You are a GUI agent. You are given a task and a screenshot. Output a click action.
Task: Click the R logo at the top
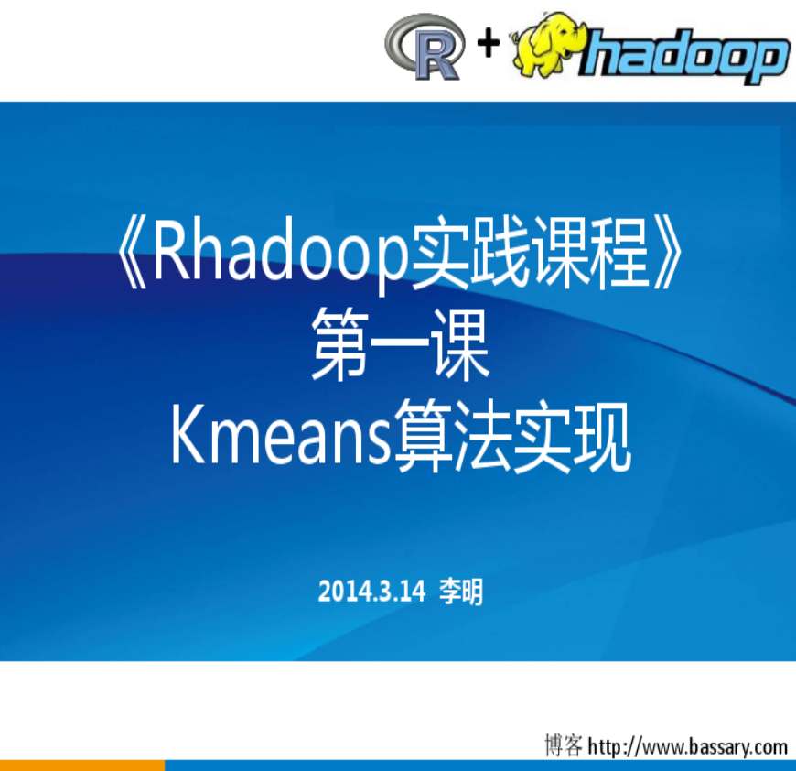tap(425, 48)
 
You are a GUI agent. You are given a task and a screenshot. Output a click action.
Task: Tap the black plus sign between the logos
tap(489, 42)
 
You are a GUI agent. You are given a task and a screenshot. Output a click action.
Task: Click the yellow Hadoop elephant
tap(549, 45)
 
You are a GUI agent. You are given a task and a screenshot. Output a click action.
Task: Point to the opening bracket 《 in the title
tap(133, 254)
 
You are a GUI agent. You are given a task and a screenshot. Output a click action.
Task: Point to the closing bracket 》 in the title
tap(666, 254)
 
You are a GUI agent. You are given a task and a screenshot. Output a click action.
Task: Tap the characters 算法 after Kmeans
tap(452, 437)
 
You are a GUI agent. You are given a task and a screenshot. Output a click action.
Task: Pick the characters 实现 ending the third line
tap(572, 437)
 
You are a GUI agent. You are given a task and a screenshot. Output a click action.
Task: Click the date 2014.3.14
tap(371, 592)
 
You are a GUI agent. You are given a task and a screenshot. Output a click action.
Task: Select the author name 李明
tap(461, 592)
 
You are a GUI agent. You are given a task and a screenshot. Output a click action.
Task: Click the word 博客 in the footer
tap(564, 745)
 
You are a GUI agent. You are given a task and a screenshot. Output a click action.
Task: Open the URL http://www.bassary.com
tap(688, 746)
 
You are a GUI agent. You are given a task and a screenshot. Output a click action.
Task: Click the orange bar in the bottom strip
tap(82, 766)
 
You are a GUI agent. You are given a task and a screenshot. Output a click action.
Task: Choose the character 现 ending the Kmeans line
tap(601, 437)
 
